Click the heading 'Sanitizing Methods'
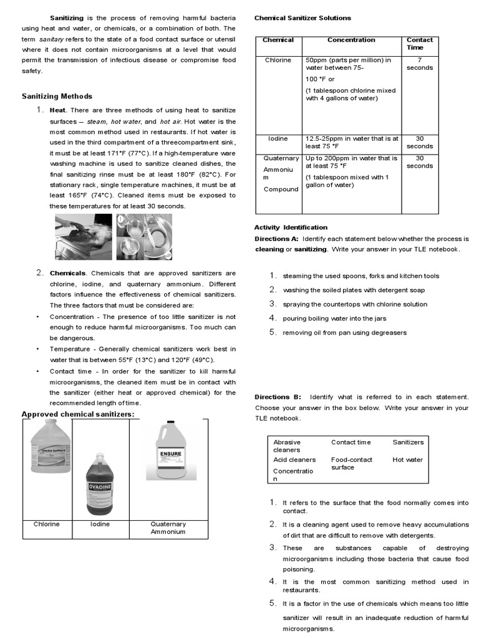[x=57, y=96]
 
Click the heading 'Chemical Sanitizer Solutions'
[x=302, y=18]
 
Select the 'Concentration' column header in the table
[x=351, y=40]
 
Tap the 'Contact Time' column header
[x=420, y=44]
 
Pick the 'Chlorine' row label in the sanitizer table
[x=278, y=60]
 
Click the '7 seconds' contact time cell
[x=419, y=64]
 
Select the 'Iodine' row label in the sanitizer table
[x=278, y=138]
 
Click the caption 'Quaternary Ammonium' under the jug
[x=168, y=528]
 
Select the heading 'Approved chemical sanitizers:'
[x=78, y=415]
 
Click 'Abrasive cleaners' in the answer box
[x=287, y=445]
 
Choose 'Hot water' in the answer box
[x=407, y=460]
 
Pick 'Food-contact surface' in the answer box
[x=352, y=464]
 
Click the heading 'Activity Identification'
[x=291, y=227]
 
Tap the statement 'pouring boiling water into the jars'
[x=334, y=318]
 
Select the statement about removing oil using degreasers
[x=344, y=333]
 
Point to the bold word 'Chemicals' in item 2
[x=67, y=273]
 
